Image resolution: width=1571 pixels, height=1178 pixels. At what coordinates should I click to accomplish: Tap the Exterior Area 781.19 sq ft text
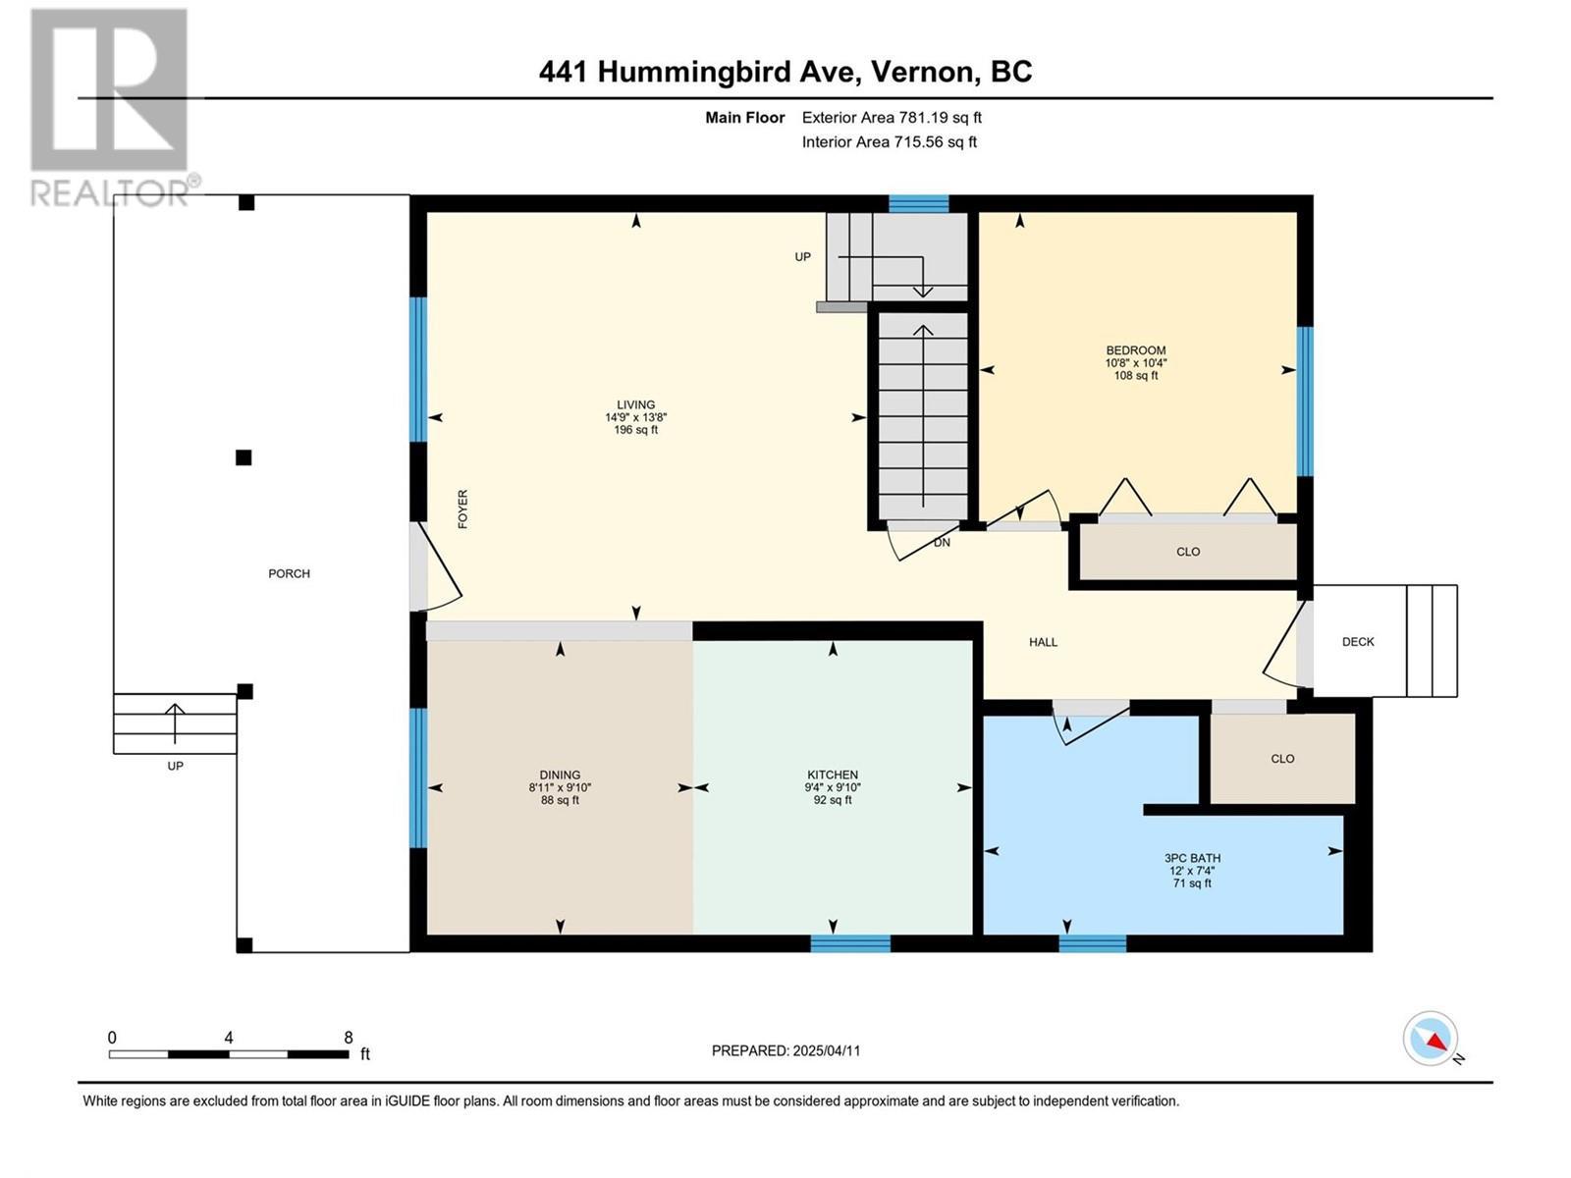[892, 118]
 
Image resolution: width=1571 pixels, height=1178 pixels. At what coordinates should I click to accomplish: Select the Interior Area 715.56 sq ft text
[889, 142]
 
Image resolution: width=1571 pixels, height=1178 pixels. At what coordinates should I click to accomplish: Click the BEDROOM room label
[1136, 350]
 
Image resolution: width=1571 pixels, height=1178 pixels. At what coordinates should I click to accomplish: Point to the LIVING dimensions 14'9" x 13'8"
[636, 417]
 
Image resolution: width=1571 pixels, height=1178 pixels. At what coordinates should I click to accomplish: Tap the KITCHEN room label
[833, 775]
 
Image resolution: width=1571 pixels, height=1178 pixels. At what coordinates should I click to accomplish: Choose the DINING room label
[560, 775]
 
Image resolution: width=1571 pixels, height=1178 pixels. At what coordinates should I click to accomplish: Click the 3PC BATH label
[1192, 858]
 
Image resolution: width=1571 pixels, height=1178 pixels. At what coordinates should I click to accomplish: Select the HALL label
[1043, 642]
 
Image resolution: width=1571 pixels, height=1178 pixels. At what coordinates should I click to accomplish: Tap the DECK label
[1358, 642]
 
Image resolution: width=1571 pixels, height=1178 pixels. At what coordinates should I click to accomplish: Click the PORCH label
[289, 573]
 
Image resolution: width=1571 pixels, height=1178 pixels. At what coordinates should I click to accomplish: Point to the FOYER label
[462, 509]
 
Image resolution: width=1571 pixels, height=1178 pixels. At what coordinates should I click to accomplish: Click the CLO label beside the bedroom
[1188, 552]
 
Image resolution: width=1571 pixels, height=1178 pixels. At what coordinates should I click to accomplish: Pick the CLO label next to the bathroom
[1282, 759]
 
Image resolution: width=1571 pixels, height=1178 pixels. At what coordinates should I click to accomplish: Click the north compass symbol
[1432, 1039]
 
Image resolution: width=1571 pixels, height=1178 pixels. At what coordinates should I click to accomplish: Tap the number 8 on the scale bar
[349, 1037]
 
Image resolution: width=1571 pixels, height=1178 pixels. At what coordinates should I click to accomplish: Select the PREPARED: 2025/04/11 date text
[785, 1050]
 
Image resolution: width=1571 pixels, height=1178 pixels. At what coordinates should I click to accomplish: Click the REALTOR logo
[110, 108]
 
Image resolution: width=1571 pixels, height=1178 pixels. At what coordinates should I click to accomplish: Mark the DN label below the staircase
[942, 542]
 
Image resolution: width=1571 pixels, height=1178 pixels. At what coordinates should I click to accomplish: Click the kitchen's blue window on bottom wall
[850, 943]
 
